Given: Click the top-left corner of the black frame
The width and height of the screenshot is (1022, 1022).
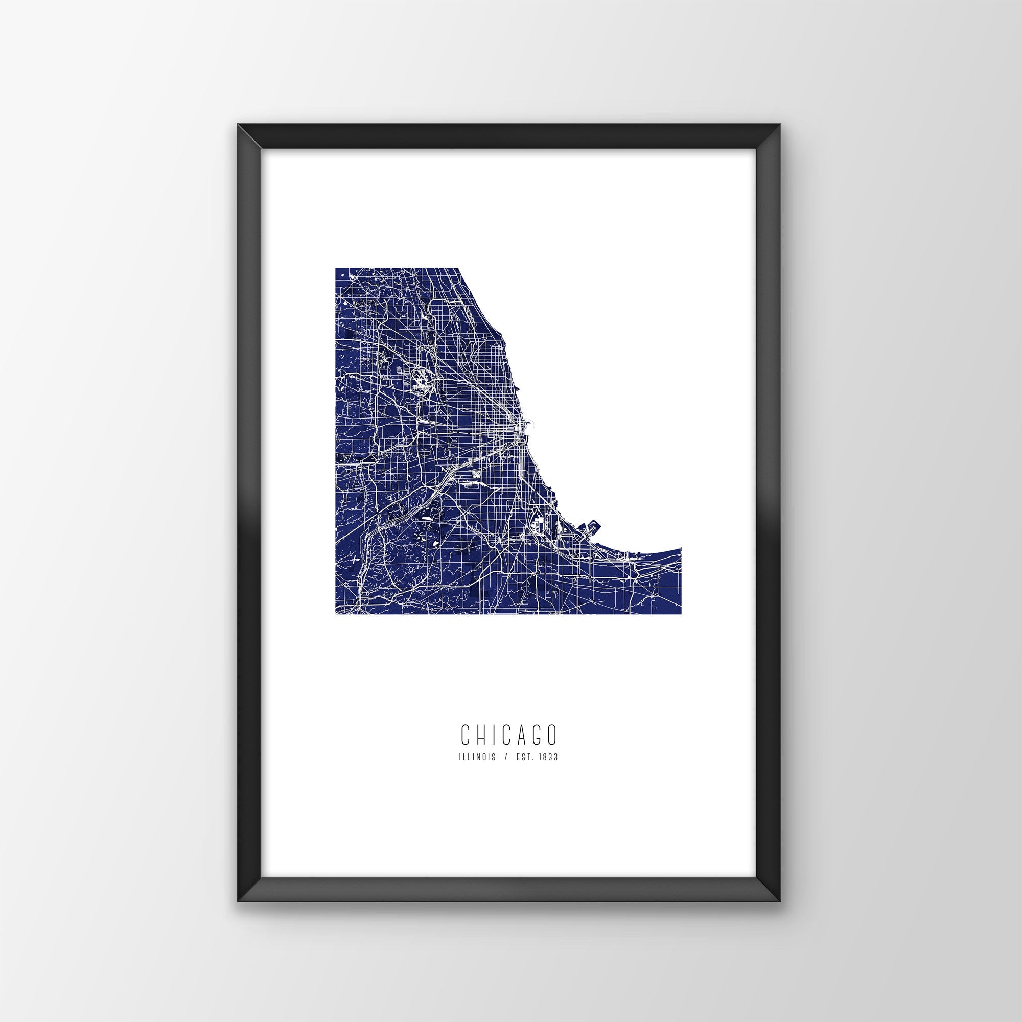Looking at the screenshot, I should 238,139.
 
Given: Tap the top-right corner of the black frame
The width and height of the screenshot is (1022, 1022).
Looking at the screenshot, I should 781,139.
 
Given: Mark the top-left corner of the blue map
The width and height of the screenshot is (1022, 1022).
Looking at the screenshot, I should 335,268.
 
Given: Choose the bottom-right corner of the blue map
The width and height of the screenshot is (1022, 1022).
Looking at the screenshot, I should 681,614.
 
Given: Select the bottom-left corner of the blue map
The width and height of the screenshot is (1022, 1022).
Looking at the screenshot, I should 335,614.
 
